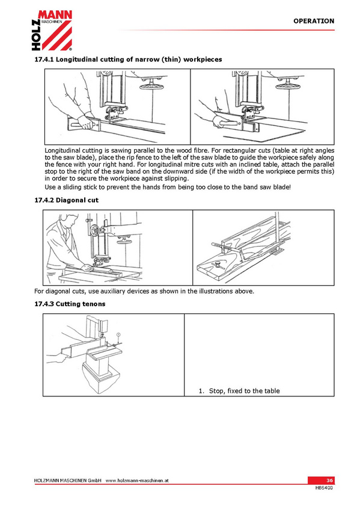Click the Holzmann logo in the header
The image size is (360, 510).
pos(52,30)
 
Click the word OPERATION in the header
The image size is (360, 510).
pos(314,21)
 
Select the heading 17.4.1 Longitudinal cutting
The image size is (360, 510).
pos(129,60)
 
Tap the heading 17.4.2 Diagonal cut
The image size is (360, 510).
pos(66,200)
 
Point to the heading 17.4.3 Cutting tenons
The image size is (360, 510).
pos(70,304)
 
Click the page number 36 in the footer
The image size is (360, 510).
pos(329,480)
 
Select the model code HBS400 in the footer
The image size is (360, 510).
pos(324,488)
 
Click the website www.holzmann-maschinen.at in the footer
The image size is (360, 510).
pos(137,481)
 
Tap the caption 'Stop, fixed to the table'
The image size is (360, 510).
pos(245,391)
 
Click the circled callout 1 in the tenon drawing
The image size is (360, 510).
pos(118,334)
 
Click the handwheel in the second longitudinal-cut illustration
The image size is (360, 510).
pos(288,86)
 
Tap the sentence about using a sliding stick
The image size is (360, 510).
pos(168,187)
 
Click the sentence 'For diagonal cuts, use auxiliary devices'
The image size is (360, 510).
pos(144,291)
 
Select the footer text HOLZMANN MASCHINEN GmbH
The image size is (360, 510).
pos(67,481)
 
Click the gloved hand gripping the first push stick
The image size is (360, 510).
pos(86,122)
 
